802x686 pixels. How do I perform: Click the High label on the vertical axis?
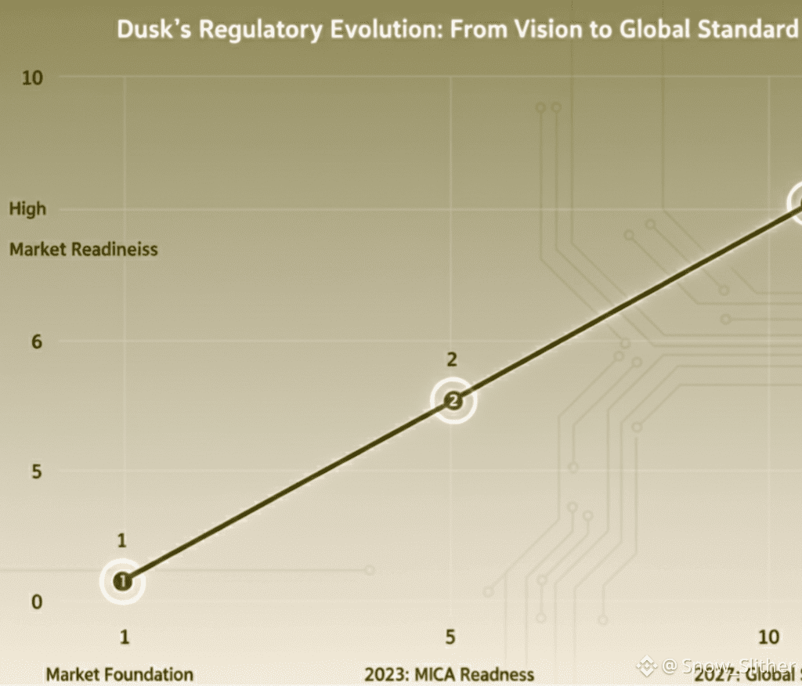28,209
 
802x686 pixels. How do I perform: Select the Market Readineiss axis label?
84,250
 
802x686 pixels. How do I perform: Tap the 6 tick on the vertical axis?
36,341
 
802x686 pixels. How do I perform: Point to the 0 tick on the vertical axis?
36,602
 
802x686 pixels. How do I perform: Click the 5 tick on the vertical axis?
36,471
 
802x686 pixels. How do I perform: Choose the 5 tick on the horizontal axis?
450,637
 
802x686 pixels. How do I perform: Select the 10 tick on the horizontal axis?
769,637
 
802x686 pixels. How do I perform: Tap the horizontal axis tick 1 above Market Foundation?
124,637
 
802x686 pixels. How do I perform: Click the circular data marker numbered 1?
123,581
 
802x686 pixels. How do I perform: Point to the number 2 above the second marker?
452,360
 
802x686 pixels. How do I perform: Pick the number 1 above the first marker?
122,540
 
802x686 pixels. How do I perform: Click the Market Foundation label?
119,673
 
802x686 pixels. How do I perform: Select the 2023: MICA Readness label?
450,673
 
